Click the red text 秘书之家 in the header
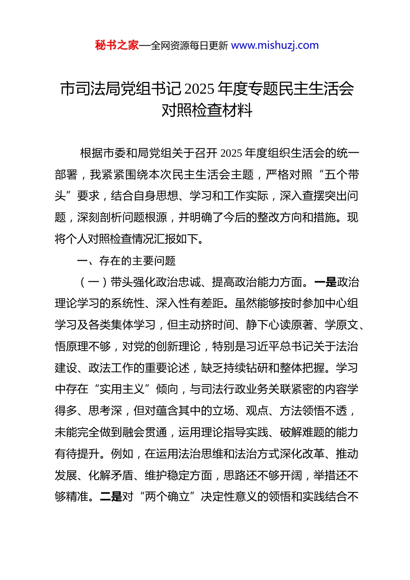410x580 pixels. pyautogui.click(x=117, y=45)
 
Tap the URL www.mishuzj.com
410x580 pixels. pyautogui.click(x=275, y=45)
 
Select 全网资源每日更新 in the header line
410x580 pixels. pyautogui.click(x=189, y=46)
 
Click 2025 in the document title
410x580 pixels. pyautogui.click(x=199, y=89)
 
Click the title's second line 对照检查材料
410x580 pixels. pyautogui.click(x=207, y=110)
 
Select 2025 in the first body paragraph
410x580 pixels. pyautogui.click(x=231, y=153)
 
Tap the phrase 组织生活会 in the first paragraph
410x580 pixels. pyautogui.click(x=296, y=153)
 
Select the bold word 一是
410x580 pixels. pyautogui.click(x=325, y=282)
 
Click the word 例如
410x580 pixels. pyautogui.click(x=122, y=454)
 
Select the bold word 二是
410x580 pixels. pyautogui.click(x=111, y=497)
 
